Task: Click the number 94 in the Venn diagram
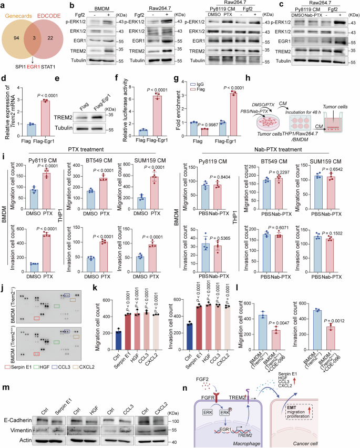click(16, 36)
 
